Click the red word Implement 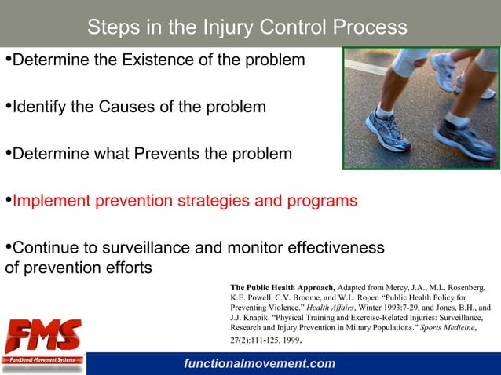(x=50, y=201)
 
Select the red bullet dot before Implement (x=8, y=200)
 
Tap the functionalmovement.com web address (x=258, y=364)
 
